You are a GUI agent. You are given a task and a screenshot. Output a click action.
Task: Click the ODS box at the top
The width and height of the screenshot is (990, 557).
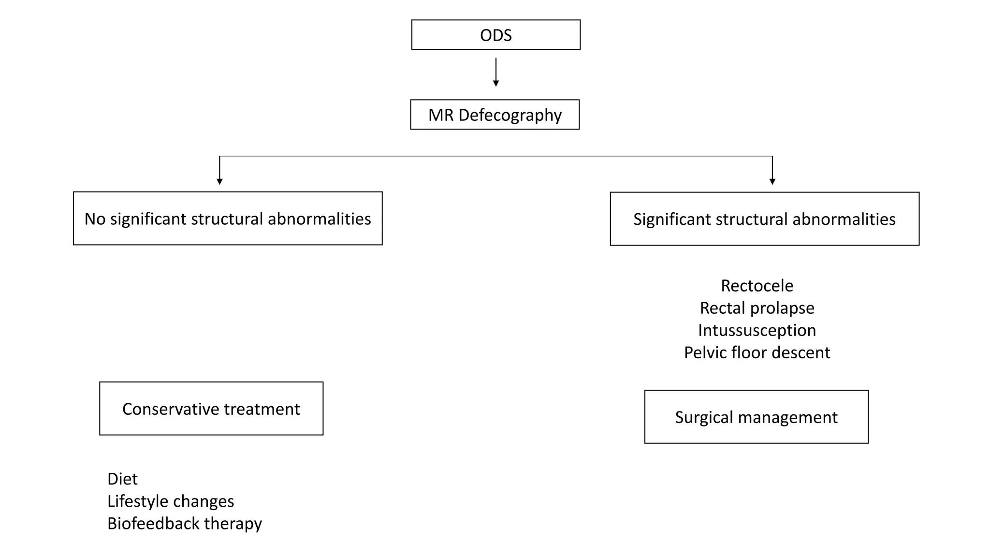click(x=495, y=35)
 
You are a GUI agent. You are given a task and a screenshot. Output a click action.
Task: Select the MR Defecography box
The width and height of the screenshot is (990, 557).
click(x=495, y=115)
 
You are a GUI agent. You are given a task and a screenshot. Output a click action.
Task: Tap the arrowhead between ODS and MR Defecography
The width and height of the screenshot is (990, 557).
click(x=495, y=83)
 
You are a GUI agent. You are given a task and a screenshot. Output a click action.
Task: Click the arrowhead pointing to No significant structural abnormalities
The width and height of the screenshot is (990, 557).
click(x=219, y=181)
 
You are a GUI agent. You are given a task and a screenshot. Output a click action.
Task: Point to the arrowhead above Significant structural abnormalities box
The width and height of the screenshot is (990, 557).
click(x=772, y=181)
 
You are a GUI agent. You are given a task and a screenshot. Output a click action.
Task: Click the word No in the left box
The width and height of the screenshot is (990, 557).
click(x=95, y=219)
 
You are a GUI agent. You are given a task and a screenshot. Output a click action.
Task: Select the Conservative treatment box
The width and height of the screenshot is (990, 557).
click(x=211, y=409)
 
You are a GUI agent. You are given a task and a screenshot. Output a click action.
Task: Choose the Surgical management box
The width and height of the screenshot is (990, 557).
click(x=756, y=417)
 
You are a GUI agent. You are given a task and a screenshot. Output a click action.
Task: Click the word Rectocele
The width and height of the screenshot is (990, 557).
click(x=757, y=286)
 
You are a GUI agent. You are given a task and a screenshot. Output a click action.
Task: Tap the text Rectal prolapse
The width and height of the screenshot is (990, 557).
click(x=757, y=308)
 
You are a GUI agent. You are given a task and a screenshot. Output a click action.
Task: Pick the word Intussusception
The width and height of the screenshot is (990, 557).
click(x=757, y=330)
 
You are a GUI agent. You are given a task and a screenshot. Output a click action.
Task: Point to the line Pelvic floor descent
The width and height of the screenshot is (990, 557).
click(x=757, y=352)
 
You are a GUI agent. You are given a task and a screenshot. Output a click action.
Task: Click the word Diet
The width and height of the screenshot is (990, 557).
click(x=122, y=479)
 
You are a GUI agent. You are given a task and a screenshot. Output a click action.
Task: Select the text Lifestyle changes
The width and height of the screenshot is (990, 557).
click(x=170, y=501)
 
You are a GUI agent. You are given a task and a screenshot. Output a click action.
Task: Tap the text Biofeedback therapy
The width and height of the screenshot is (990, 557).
click(x=184, y=523)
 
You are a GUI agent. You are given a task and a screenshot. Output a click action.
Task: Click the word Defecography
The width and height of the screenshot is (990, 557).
click(x=510, y=115)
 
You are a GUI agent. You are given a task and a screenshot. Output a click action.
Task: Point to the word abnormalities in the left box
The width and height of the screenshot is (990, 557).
click(x=319, y=219)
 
